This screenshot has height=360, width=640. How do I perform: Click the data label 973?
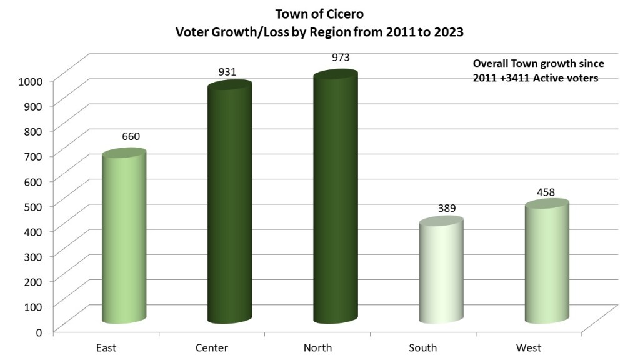[341, 57]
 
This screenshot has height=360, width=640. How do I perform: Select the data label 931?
[227, 71]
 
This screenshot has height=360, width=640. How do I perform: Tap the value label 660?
[131, 137]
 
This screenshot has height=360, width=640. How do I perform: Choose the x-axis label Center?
[212, 347]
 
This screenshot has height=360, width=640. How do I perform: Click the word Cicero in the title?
[344, 13]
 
